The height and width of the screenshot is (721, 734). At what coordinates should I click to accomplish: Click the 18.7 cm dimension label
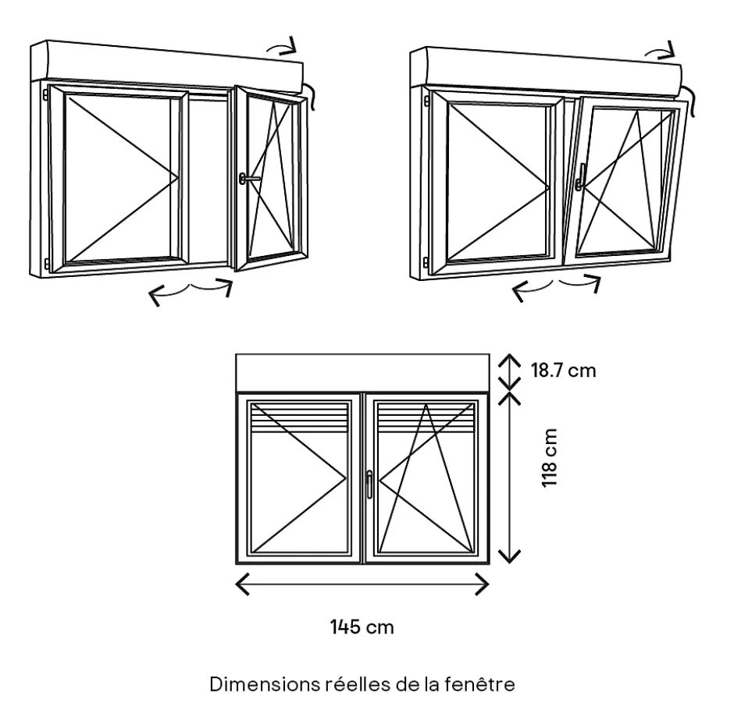point(563,370)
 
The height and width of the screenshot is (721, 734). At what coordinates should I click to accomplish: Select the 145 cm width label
point(362,627)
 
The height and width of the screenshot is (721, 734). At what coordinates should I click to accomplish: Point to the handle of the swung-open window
point(249,179)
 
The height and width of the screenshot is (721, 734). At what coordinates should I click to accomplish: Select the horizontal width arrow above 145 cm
point(362,584)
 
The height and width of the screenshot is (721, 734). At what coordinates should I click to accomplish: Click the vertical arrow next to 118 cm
point(509,477)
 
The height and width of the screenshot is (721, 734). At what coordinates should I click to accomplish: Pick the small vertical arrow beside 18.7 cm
point(509,371)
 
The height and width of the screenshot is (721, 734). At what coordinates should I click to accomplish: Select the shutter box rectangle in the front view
point(362,373)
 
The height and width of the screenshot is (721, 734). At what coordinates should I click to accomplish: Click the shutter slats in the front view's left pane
point(298,418)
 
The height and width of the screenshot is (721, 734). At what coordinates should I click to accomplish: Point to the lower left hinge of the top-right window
point(426,261)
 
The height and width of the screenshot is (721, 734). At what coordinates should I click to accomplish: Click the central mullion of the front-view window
point(362,477)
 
